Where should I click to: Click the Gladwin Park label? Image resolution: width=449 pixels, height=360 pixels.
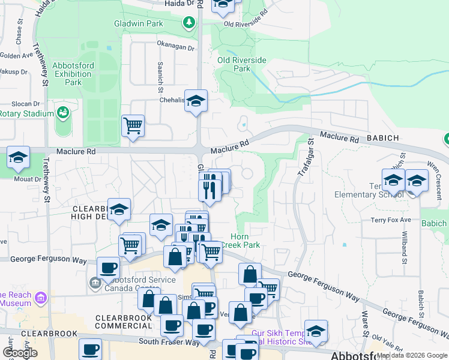pyautogui.click(x=138, y=24)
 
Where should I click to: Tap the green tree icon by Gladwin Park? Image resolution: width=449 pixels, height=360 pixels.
pyautogui.click(x=190, y=23)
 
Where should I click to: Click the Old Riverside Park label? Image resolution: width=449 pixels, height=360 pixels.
pyautogui.click(x=242, y=64)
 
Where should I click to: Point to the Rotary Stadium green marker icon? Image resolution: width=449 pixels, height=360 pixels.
pyautogui.click(x=62, y=112)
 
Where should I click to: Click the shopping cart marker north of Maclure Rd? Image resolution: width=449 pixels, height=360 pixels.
pyautogui.click(x=133, y=127)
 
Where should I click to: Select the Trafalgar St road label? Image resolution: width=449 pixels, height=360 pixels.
pyautogui.click(x=304, y=158)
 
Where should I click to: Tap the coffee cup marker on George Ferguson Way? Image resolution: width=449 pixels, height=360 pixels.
pyautogui.click(x=109, y=268)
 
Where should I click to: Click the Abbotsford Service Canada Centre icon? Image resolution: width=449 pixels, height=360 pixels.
pyautogui.click(x=95, y=282)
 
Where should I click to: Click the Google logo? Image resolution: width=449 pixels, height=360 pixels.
pyautogui.click(x=20, y=353)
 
